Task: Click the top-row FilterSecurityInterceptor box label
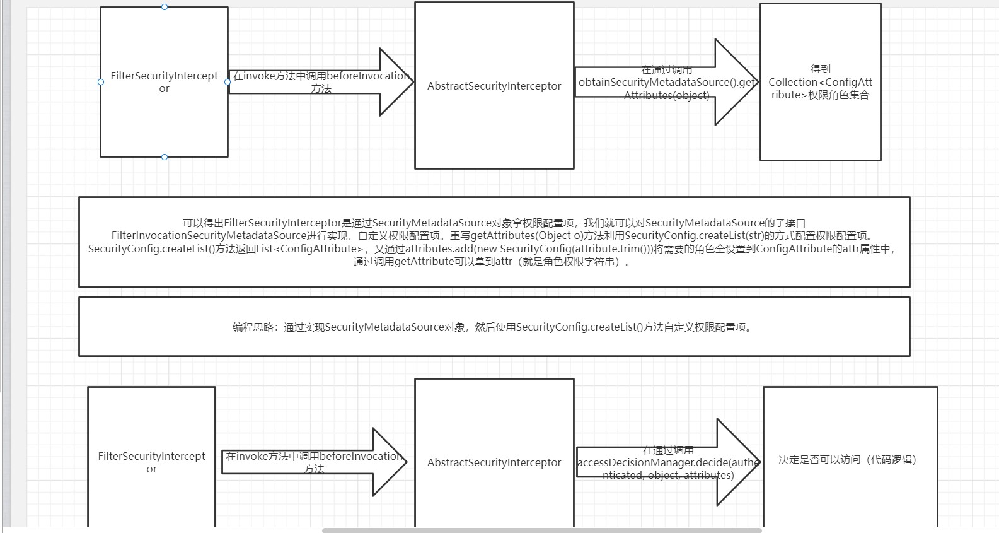point(164,82)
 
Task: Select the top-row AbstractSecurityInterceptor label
point(494,86)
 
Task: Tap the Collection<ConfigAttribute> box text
point(820,82)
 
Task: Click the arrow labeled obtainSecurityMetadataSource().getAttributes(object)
point(666,83)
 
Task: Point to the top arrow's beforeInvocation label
point(321,82)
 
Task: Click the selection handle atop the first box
point(165,7)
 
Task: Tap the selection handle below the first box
point(165,157)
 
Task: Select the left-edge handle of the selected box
point(101,82)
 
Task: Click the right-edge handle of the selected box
point(228,82)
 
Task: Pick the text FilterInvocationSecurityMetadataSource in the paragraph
point(209,235)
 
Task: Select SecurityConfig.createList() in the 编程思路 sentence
point(579,327)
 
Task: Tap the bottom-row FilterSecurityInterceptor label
point(151,462)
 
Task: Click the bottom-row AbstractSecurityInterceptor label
point(494,462)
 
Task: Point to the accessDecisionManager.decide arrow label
point(668,462)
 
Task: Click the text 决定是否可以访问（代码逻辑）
point(847,460)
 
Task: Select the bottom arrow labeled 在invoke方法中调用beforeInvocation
point(314,462)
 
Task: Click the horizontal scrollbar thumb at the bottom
point(542,530)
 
